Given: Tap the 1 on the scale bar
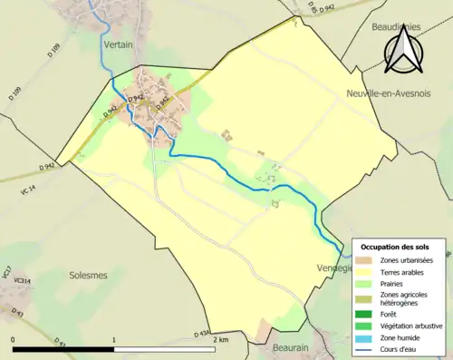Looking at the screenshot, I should (x=114, y=339).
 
